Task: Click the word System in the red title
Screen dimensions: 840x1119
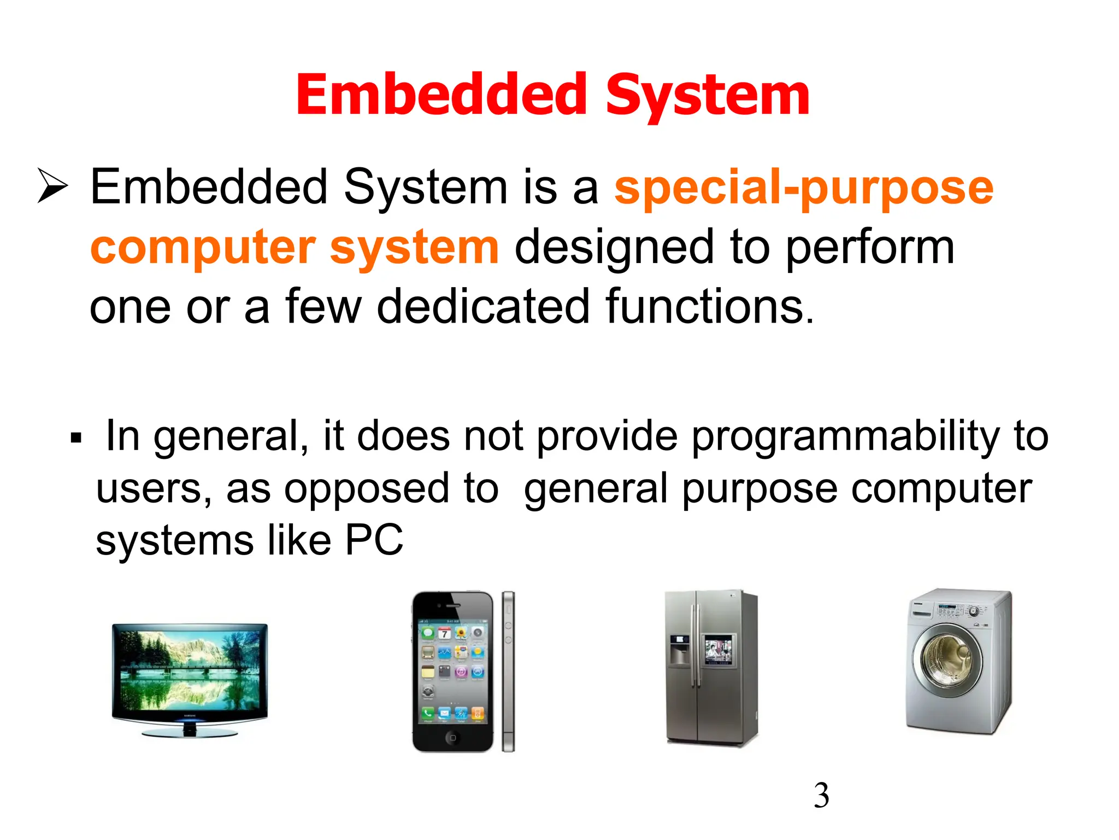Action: click(708, 96)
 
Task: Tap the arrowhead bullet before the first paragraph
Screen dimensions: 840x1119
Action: click(52, 186)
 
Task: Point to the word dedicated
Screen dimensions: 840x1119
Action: click(483, 307)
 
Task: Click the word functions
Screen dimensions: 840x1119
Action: click(709, 307)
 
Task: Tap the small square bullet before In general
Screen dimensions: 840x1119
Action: click(76, 438)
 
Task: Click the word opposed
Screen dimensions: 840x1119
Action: click(391, 489)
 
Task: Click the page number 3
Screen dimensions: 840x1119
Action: click(821, 795)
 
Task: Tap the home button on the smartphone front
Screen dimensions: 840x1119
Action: click(452, 738)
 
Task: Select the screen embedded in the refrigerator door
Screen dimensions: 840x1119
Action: click(718, 650)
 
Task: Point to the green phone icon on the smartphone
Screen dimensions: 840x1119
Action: click(428, 713)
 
